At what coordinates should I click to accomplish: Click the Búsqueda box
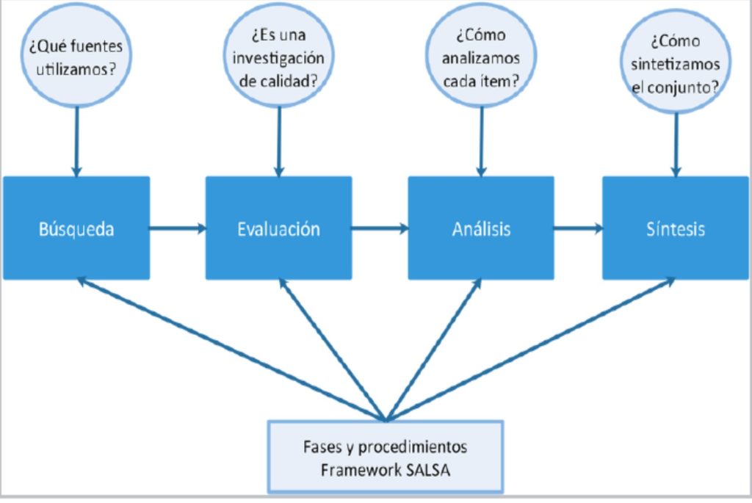76,228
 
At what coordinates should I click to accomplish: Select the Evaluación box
278,228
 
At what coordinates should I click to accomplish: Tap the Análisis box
481,228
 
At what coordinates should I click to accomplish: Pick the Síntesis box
676,228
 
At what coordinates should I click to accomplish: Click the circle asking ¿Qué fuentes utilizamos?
76,56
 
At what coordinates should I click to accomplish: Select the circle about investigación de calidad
278,56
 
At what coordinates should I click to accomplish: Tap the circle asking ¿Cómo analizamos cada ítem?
481,56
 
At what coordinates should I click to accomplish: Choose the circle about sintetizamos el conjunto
676,62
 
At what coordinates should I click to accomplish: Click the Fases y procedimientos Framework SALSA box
386,457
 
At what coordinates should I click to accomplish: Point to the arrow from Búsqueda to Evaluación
178,228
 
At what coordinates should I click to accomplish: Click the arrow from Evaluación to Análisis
380,228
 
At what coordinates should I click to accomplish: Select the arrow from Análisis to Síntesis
579,228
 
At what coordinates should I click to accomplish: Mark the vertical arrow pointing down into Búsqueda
76,142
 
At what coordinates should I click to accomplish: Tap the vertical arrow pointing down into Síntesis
676,145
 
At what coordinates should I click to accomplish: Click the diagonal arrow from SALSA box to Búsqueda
231,350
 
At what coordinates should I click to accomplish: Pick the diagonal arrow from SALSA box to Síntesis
530,350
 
